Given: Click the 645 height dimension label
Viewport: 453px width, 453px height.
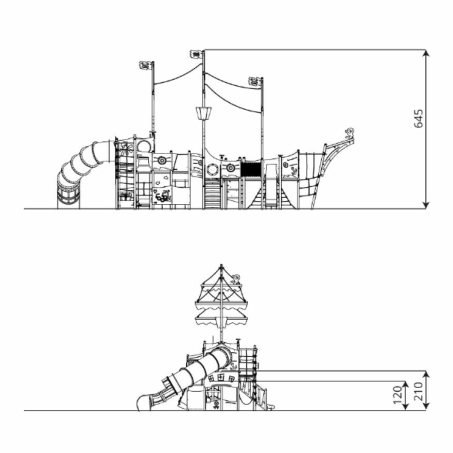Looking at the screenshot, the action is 418,118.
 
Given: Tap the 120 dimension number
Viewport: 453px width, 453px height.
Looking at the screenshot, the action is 398,396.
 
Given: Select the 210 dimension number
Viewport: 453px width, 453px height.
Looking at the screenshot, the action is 418,391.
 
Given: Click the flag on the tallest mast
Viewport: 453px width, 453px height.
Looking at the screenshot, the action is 196,54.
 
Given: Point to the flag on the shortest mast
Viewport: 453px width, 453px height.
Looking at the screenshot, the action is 255,82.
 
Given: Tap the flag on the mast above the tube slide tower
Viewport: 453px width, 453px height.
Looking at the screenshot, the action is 145,65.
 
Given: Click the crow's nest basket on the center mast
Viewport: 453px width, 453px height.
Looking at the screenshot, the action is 204,113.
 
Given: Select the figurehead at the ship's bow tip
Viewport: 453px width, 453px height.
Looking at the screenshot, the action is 350,132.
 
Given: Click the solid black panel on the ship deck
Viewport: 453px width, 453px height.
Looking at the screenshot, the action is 251,169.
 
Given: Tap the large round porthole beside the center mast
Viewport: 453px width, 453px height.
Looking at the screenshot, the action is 213,169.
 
